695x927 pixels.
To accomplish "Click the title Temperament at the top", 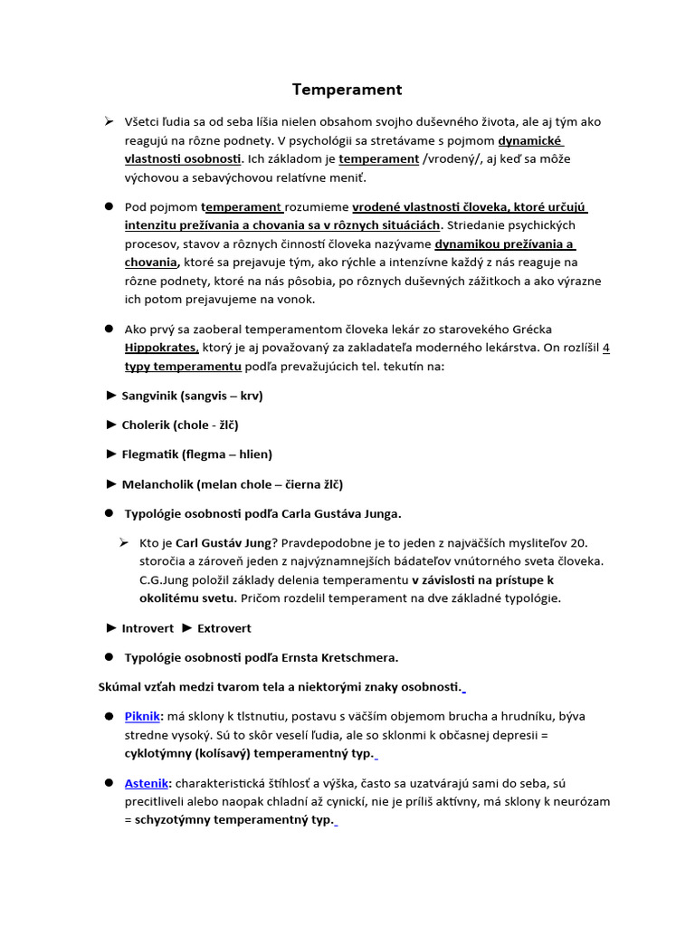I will click(x=347, y=90).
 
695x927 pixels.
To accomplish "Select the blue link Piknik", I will click(x=142, y=716).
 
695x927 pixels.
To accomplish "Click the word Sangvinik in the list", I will click(x=149, y=396).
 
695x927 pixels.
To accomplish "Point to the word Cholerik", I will click(x=147, y=425).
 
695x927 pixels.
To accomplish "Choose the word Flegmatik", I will click(x=150, y=454).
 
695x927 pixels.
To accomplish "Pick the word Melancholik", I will click(x=157, y=484).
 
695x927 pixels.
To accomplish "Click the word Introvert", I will click(x=148, y=627).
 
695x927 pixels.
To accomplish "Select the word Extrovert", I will click(x=224, y=627).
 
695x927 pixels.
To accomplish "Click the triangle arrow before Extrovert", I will click(x=187, y=627).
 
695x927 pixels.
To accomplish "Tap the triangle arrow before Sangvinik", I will click(x=111, y=396).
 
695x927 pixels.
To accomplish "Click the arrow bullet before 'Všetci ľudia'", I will click(x=108, y=121).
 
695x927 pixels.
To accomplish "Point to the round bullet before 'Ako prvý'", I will click(x=108, y=329).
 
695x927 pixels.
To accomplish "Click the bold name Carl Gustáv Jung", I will click(x=222, y=543).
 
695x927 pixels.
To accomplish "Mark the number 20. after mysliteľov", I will click(x=578, y=543).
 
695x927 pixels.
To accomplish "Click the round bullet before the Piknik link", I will click(x=108, y=716).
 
